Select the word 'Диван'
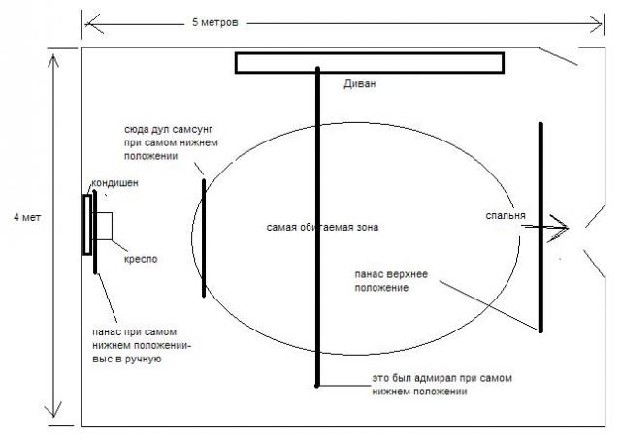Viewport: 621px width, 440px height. [359, 84]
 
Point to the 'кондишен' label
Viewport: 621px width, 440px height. [114, 183]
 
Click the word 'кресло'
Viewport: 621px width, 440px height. [141, 259]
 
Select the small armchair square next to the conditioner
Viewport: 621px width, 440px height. [105, 225]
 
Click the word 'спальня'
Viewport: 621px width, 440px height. [506, 216]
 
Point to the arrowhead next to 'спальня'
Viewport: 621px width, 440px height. [564, 229]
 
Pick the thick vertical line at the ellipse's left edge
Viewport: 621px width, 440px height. [204, 237]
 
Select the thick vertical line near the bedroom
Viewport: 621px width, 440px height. [541, 228]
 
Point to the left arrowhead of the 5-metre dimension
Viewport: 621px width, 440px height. [88, 19]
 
